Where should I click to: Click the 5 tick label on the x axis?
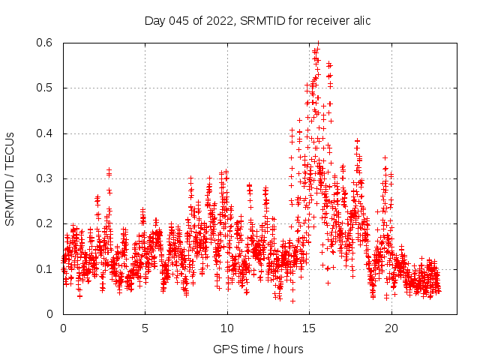145,328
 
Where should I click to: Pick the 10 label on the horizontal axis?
227,328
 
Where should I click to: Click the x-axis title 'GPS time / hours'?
258,349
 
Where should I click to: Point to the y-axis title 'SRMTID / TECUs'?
10,178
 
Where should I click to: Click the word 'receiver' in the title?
322,20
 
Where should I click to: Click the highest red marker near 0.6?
318,44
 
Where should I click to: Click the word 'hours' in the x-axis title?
288,349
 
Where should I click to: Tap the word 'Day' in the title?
155,20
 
